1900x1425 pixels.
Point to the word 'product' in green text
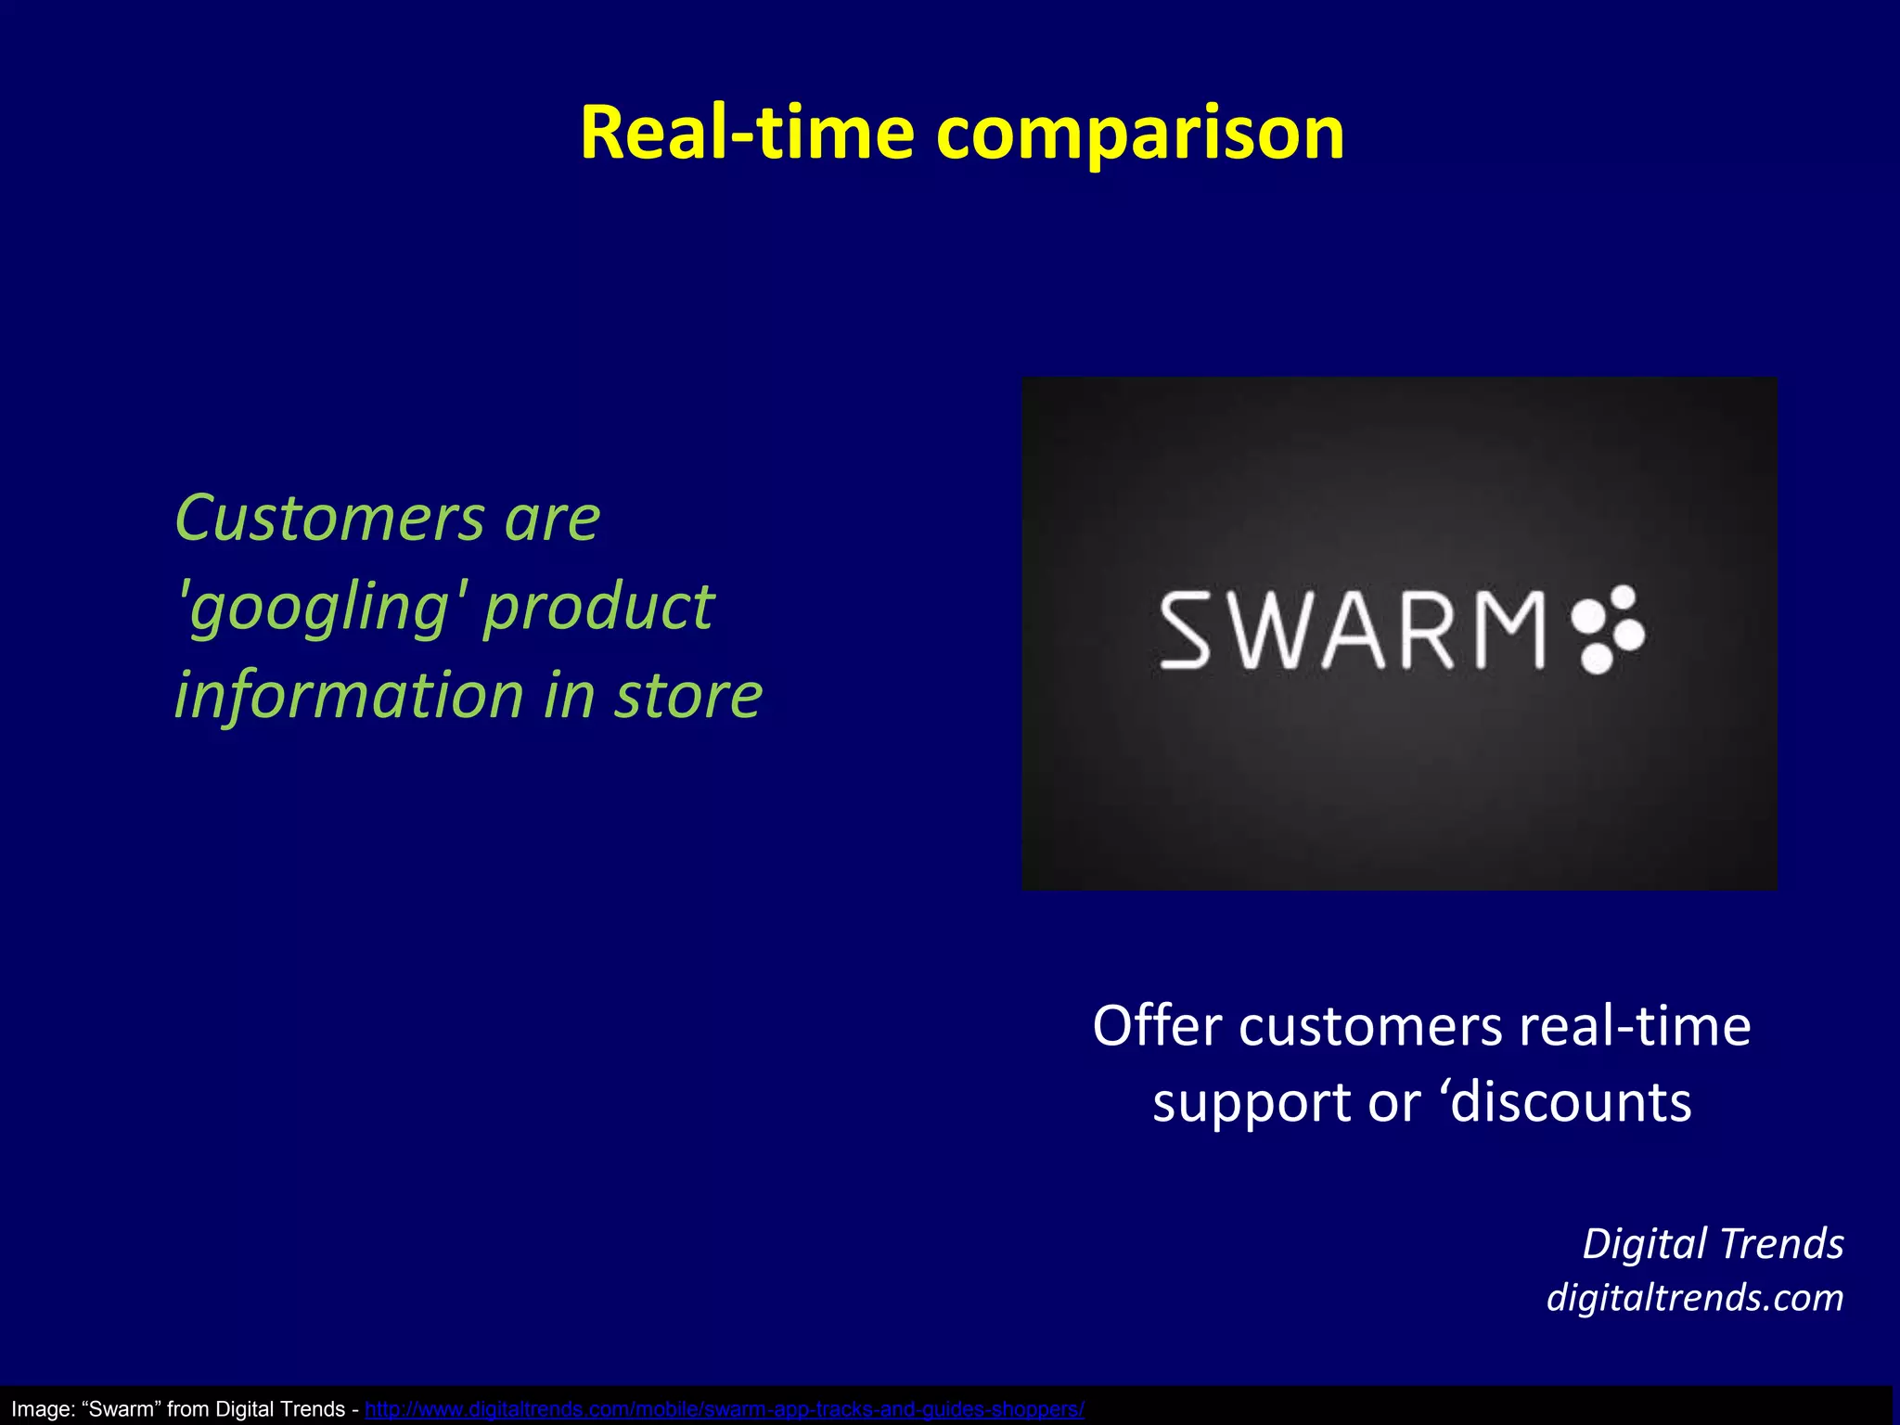coord(598,609)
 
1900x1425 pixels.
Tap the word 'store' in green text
coord(687,696)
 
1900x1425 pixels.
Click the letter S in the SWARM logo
coord(1186,632)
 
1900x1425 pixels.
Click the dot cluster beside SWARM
coord(1609,630)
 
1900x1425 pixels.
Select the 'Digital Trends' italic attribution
coord(1712,1244)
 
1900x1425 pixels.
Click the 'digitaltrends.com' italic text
coord(1694,1297)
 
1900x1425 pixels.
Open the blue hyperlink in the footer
coord(724,1409)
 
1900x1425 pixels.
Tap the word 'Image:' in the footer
coord(43,1409)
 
